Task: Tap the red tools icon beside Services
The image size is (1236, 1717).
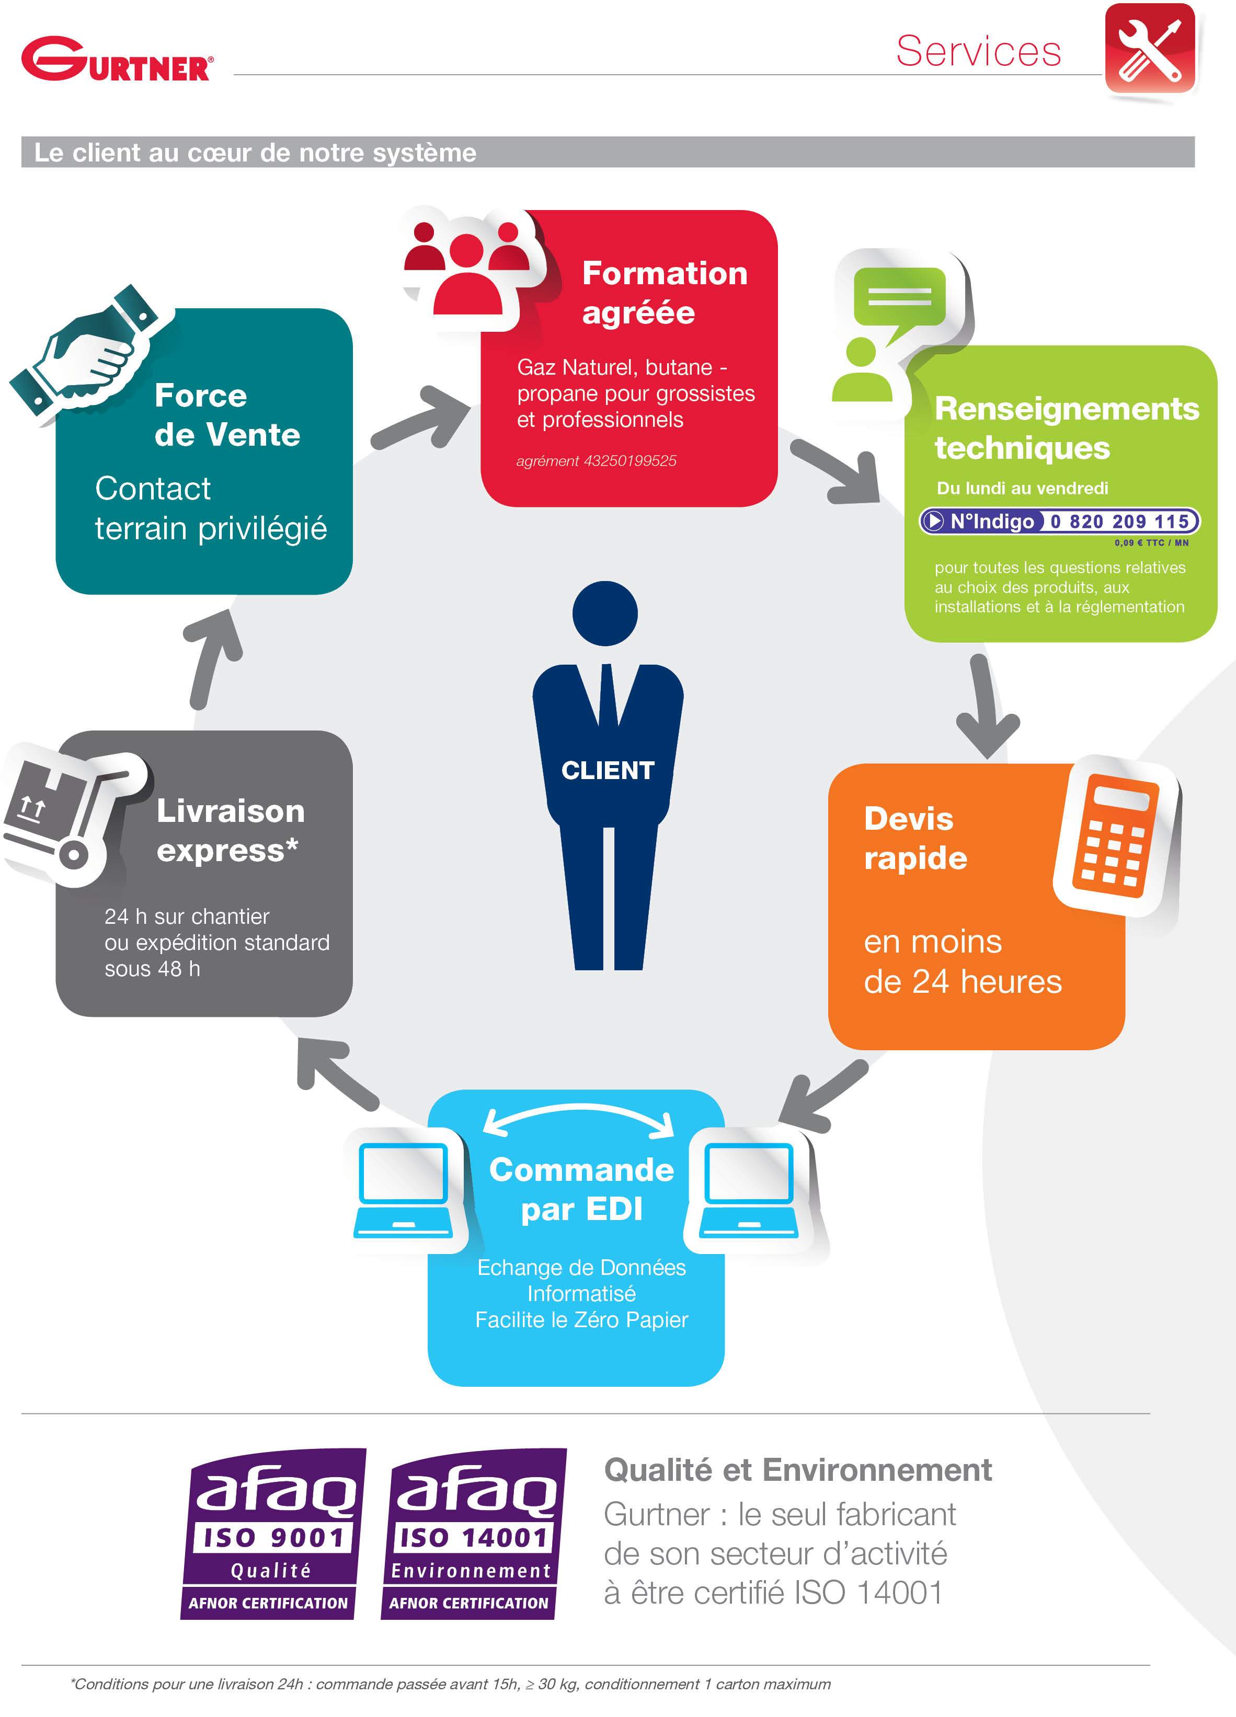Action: coord(1150,49)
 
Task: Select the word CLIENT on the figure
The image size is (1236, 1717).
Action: coord(608,771)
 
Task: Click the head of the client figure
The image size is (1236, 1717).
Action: coord(604,613)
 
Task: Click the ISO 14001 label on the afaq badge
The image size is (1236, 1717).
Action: coord(473,1538)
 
